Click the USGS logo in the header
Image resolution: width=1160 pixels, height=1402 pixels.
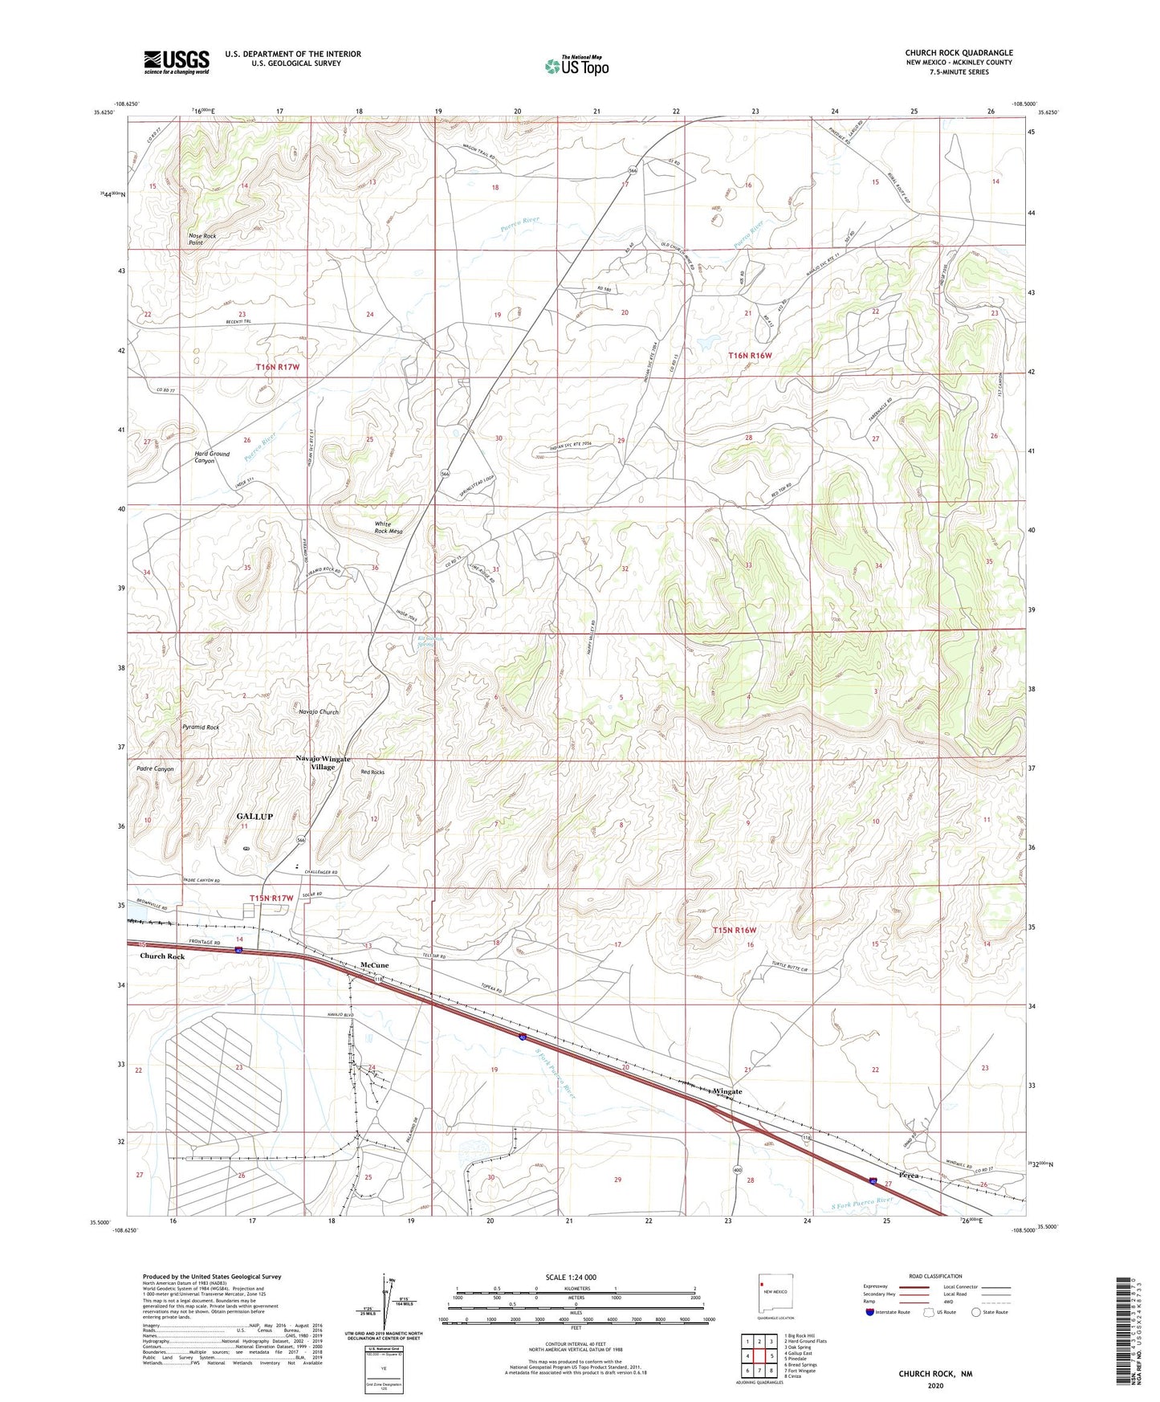tap(177, 62)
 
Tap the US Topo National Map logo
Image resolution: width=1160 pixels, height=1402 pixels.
tap(576, 66)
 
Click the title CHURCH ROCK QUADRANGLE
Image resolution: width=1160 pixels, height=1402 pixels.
tap(959, 53)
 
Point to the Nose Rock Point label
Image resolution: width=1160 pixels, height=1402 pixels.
tap(202, 238)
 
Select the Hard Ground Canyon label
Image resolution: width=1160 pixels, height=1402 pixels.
tap(211, 457)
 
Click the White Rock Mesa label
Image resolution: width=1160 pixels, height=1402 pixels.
tap(389, 528)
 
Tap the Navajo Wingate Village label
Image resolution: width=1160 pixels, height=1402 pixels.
tap(323, 762)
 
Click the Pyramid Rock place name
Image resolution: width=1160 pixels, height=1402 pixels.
tap(201, 727)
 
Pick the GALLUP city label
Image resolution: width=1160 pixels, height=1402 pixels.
tap(254, 816)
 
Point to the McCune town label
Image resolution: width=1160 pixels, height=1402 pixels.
tap(374, 965)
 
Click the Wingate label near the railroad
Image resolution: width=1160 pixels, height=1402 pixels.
tap(727, 1091)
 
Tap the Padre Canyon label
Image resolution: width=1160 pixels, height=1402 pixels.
tap(155, 769)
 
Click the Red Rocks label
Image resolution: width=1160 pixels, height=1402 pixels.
tap(372, 772)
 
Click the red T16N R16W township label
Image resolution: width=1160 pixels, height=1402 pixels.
tap(750, 355)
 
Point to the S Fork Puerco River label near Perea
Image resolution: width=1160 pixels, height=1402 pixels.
tap(860, 1202)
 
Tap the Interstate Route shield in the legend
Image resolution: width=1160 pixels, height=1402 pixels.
tap(870, 1312)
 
